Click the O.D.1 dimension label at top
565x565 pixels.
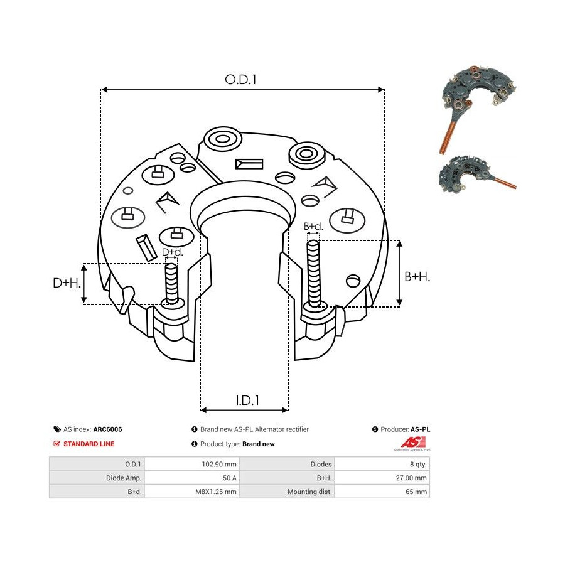click(240, 80)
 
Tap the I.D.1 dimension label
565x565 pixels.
click(247, 400)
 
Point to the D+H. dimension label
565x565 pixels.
click(67, 283)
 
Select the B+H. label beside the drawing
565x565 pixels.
click(417, 277)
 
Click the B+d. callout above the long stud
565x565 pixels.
click(313, 226)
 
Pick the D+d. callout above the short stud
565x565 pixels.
click(172, 252)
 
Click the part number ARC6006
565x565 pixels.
click(107, 429)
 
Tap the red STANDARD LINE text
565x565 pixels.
click(89, 444)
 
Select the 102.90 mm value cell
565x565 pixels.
click(192, 464)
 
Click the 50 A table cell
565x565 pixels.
click(192, 478)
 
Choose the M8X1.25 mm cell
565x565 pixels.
click(192, 492)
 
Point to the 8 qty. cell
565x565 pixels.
click(382, 464)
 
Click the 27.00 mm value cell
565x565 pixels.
click(382, 478)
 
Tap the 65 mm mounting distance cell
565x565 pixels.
click(382, 492)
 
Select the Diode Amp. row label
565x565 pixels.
click(97, 478)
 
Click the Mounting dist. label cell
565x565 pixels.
click(287, 492)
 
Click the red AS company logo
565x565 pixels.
click(413, 443)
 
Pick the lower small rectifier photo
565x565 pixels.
click(476, 175)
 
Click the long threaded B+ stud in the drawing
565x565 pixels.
click(314, 274)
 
